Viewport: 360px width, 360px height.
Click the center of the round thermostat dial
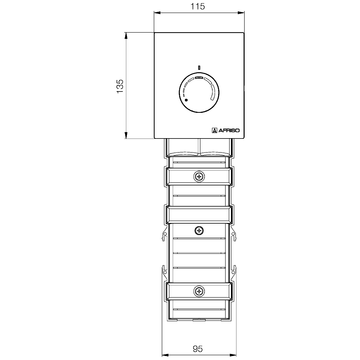tap(199, 89)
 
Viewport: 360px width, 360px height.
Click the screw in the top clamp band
tap(199, 177)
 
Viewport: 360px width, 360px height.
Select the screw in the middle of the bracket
tap(199, 230)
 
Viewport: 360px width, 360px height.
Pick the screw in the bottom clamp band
tap(199, 292)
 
